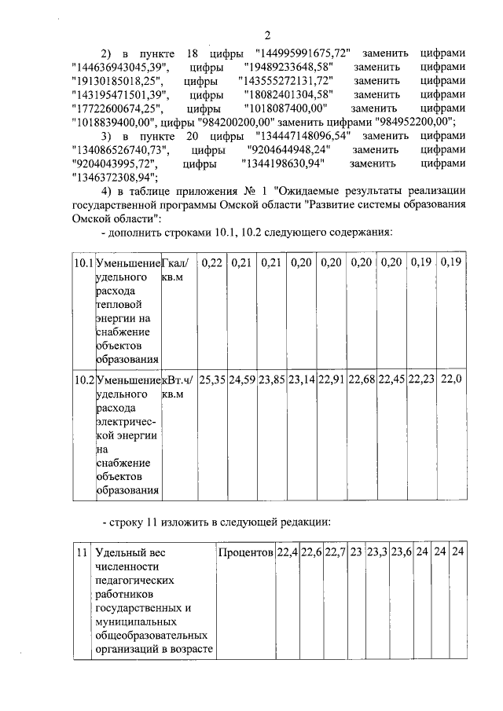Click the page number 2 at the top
pyautogui.click(x=267, y=35)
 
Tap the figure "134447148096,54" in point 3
pyautogui.click(x=301, y=135)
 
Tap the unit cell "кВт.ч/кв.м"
pyautogui.click(x=177, y=387)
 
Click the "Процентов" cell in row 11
pyautogui.click(x=245, y=552)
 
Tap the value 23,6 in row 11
pyautogui.click(x=401, y=552)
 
